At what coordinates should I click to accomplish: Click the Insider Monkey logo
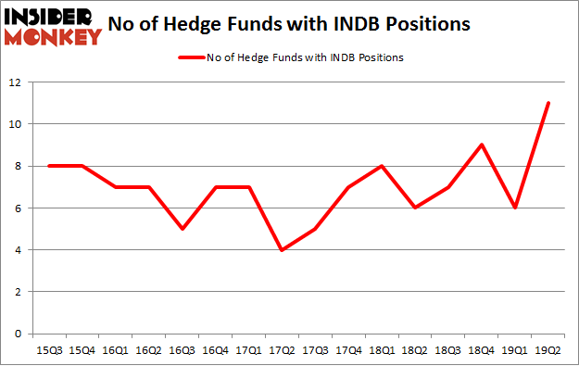tap(53, 26)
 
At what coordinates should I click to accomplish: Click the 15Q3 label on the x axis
tap(49, 349)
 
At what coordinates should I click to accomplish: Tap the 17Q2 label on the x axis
tap(281, 349)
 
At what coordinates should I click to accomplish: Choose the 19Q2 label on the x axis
tap(548, 349)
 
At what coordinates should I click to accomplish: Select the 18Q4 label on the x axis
tap(483, 349)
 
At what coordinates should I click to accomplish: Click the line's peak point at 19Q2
tap(548, 103)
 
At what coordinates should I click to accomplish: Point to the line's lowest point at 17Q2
tap(281, 249)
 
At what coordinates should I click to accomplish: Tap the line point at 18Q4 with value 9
tap(483, 145)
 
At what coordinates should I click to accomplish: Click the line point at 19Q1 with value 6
tap(515, 208)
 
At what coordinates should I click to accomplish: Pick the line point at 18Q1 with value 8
tap(382, 166)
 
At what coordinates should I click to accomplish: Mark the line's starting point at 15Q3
tap(49, 166)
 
